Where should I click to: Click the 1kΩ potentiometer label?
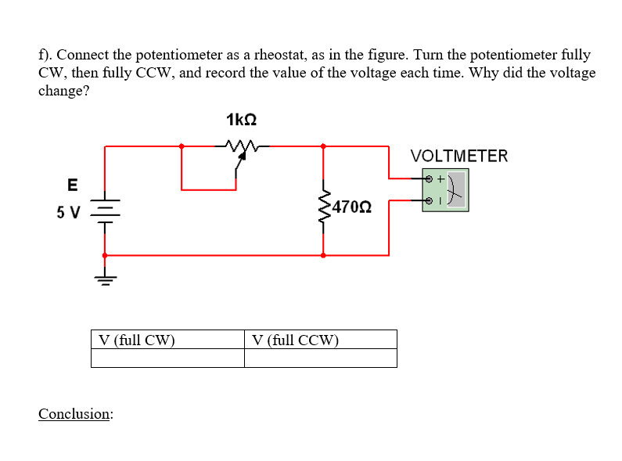(241, 120)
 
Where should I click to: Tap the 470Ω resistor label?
(351, 207)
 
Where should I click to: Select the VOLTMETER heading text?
(459, 156)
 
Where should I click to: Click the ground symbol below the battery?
(105, 279)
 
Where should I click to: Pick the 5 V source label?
(69, 211)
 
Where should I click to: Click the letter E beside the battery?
(73, 185)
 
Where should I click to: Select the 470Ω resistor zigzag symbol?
(323, 207)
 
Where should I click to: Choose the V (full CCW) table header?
(296, 340)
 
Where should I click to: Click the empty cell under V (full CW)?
(167, 358)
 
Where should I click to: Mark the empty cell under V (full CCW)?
(320, 358)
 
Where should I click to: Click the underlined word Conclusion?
(75, 413)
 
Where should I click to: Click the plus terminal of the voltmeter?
(428, 179)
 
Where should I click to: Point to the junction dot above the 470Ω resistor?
(323, 146)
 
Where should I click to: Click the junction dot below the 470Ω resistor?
(323, 255)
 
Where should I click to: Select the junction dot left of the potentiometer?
(182, 146)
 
